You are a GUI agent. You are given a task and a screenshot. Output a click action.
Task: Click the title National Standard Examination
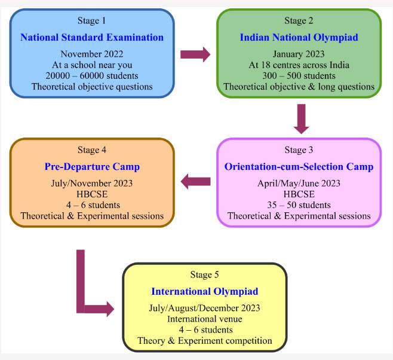(x=92, y=37)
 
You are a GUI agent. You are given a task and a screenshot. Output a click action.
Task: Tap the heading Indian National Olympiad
(x=298, y=37)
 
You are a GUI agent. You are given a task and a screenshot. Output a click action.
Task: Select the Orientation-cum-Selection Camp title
(x=299, y=166)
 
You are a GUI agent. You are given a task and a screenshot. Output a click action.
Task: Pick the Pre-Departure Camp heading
(x=92, y=166)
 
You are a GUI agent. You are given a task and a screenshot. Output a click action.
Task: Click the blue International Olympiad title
(x=204, y=292)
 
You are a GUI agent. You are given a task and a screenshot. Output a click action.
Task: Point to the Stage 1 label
(x=92, y=21)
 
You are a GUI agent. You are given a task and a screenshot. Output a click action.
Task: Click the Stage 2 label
(x=299, y=21)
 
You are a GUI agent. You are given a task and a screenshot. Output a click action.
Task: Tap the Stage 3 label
(x=299, y=150)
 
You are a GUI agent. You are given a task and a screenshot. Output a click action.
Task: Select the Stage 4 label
(x=92, y=150)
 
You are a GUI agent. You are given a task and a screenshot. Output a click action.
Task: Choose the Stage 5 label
(x=204, y=275)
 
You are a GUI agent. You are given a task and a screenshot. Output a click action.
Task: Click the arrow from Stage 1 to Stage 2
(x=195, y=55)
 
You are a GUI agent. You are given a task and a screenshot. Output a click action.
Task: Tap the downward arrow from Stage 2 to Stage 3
(x=301, y=118)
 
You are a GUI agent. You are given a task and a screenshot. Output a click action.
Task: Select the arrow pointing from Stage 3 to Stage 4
(x=195, y=182)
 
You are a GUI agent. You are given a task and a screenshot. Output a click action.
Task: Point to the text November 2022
(x=92, y=54)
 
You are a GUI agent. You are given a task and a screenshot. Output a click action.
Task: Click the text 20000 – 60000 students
(x=92, y=75)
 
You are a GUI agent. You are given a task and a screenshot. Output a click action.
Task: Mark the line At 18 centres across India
(x=299, y=65)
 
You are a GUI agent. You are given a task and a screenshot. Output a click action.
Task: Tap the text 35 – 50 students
(x=299, y=205)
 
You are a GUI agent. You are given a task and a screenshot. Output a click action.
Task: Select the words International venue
(x=204, y=319)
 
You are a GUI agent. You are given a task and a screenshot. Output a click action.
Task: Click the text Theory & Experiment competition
(x=204, y=341)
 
